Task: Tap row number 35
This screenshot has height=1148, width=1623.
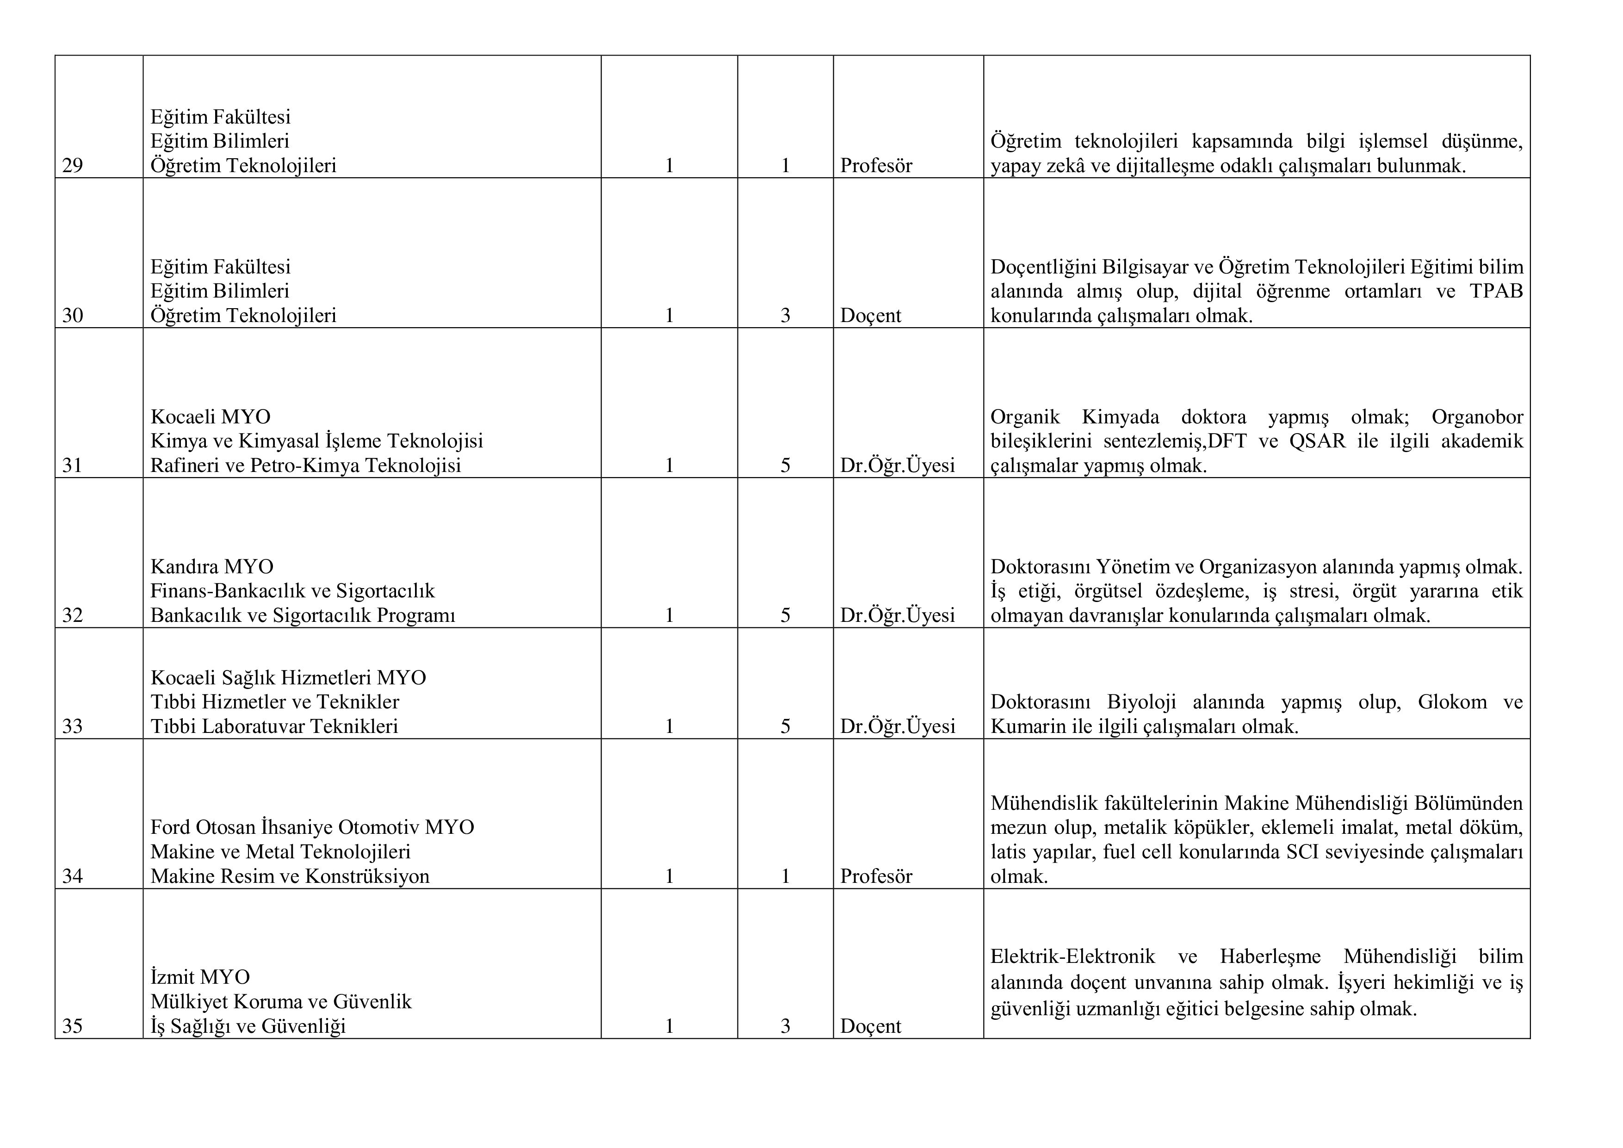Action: click(x=72, y=1026)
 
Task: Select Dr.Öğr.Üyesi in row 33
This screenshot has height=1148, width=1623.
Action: click(x=897, y=726)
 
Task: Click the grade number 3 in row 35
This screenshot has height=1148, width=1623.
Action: click(x=785, y=1026)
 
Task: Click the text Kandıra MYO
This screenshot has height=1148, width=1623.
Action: click(x=211, y=567)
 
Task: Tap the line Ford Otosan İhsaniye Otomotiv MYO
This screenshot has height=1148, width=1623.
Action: click(x=312, y=827)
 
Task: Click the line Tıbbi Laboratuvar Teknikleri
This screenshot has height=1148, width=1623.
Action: click(x=274, y=726)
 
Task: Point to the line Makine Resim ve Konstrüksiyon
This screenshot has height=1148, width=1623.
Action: click(x=290, y=876)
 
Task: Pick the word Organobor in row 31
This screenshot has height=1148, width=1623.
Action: click(x=1477, y=417)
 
